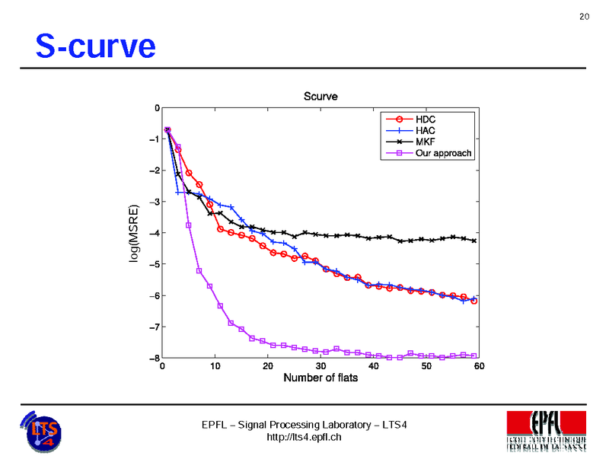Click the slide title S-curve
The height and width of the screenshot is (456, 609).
point(95,47)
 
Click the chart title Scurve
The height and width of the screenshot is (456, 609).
point(320,97)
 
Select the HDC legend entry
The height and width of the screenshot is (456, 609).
point(426,120)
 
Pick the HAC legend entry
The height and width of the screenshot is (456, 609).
point(426,131)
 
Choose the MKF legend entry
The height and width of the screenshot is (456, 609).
point(426,142)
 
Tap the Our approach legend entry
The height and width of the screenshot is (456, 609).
point(443,153)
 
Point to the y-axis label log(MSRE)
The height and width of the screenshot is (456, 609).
point(135,234)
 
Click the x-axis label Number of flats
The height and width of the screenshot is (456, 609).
point(320,378)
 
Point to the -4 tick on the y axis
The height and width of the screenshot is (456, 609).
point(155,233)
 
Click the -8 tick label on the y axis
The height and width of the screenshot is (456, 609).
point(155,358)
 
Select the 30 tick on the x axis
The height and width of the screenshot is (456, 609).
point(320,366)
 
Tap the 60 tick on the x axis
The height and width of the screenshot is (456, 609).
point(479,366)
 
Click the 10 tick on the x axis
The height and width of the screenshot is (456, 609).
point(215,366)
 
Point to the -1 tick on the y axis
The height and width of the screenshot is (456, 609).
point(155,139)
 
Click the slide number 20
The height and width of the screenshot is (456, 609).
point(585,17)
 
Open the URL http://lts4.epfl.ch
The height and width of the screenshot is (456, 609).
point(304,437)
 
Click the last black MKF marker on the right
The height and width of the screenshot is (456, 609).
point(474,241)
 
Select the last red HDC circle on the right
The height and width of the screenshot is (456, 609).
point(474,301)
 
